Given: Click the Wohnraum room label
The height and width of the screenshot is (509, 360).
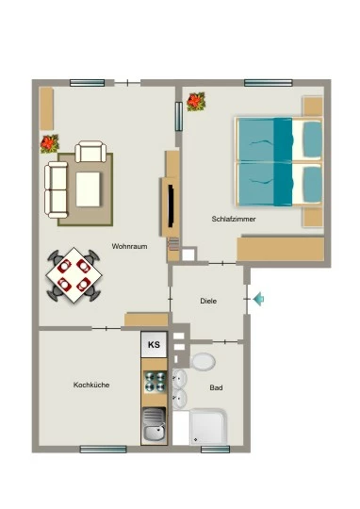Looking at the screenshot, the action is click(129, 246).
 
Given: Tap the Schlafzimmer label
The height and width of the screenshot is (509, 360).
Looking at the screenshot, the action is click(234, 219).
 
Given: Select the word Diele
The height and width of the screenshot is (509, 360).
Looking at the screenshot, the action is click(208, 301).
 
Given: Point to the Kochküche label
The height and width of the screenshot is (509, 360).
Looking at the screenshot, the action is click(91, 385).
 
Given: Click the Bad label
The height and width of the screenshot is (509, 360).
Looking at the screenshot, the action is click(216, 387).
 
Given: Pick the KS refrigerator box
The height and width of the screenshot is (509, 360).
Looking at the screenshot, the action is click(154, 344).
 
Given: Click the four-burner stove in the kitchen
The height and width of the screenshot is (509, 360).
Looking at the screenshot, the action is click(155, 382).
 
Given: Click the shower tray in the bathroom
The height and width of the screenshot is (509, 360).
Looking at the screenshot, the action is click(208, 427).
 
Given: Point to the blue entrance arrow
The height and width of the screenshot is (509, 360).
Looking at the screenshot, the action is click(258, 299).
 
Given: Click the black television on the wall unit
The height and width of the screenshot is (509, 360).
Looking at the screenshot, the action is click(171, 205).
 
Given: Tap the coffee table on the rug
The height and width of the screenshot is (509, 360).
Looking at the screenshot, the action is click(88, 189).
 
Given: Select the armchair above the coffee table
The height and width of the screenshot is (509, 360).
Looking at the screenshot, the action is click(90, 151).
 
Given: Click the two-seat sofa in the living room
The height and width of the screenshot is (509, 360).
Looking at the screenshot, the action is click(57, 189).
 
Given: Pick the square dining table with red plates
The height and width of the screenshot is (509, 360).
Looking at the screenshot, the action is click(74, 275).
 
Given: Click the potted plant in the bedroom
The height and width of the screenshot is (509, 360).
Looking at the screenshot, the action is click(196, 102).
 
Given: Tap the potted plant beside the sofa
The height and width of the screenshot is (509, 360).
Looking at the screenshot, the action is click(49, 144).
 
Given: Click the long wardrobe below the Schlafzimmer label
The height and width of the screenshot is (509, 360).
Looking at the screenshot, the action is click(281, 249).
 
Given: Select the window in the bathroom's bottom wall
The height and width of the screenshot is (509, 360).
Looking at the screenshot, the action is click(215, 450).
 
